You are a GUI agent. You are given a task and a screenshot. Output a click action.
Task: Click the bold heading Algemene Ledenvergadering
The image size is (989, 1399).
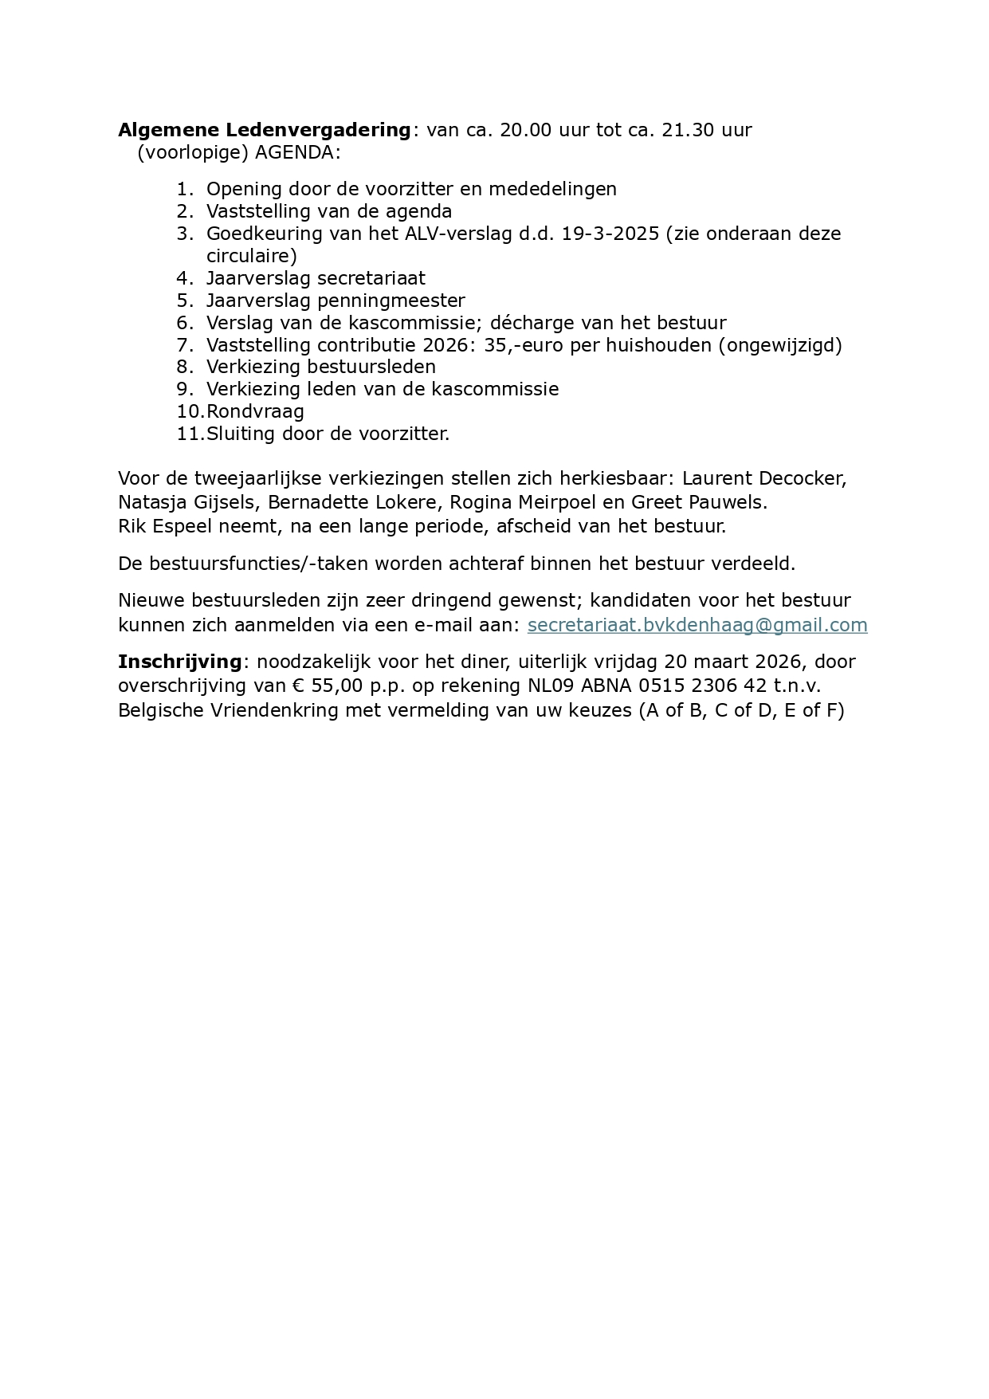point(265,130)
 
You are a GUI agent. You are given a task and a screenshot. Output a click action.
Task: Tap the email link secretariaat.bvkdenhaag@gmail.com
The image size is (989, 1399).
point(697,625)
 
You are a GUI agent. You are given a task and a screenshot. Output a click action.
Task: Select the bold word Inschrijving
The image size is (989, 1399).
point(179,662)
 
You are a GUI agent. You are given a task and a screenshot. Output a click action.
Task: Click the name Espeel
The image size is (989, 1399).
point(178,526)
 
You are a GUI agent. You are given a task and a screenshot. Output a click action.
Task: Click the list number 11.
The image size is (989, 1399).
point(189,434)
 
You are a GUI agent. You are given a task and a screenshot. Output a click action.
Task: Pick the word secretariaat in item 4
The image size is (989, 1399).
point(371,278)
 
